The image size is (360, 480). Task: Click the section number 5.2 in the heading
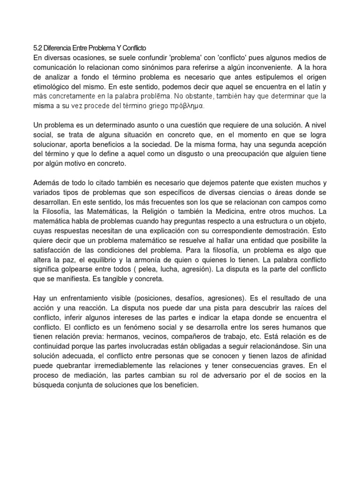point(38,48)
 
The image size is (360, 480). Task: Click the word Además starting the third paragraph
point(48,184)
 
